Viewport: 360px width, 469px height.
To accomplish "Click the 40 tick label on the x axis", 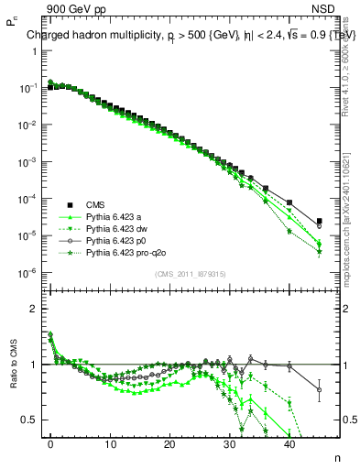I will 289,443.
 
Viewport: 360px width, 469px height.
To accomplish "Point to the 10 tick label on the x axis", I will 110,443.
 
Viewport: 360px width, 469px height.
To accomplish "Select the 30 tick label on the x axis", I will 229,443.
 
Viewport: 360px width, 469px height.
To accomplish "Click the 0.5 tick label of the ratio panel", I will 31,419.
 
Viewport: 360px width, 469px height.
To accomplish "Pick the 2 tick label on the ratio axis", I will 36,308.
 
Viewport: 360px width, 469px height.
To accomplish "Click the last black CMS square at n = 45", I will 319,221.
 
